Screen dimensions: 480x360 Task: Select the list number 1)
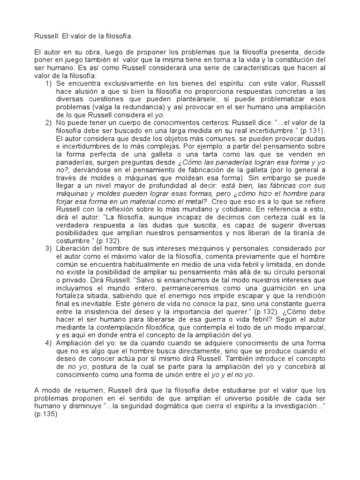pyautogui.click(x=48, y=83)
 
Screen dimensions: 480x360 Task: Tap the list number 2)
pyautogui.click(x=48, y=122)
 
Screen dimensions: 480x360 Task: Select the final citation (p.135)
pyautogui.click(x=45, y=415)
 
